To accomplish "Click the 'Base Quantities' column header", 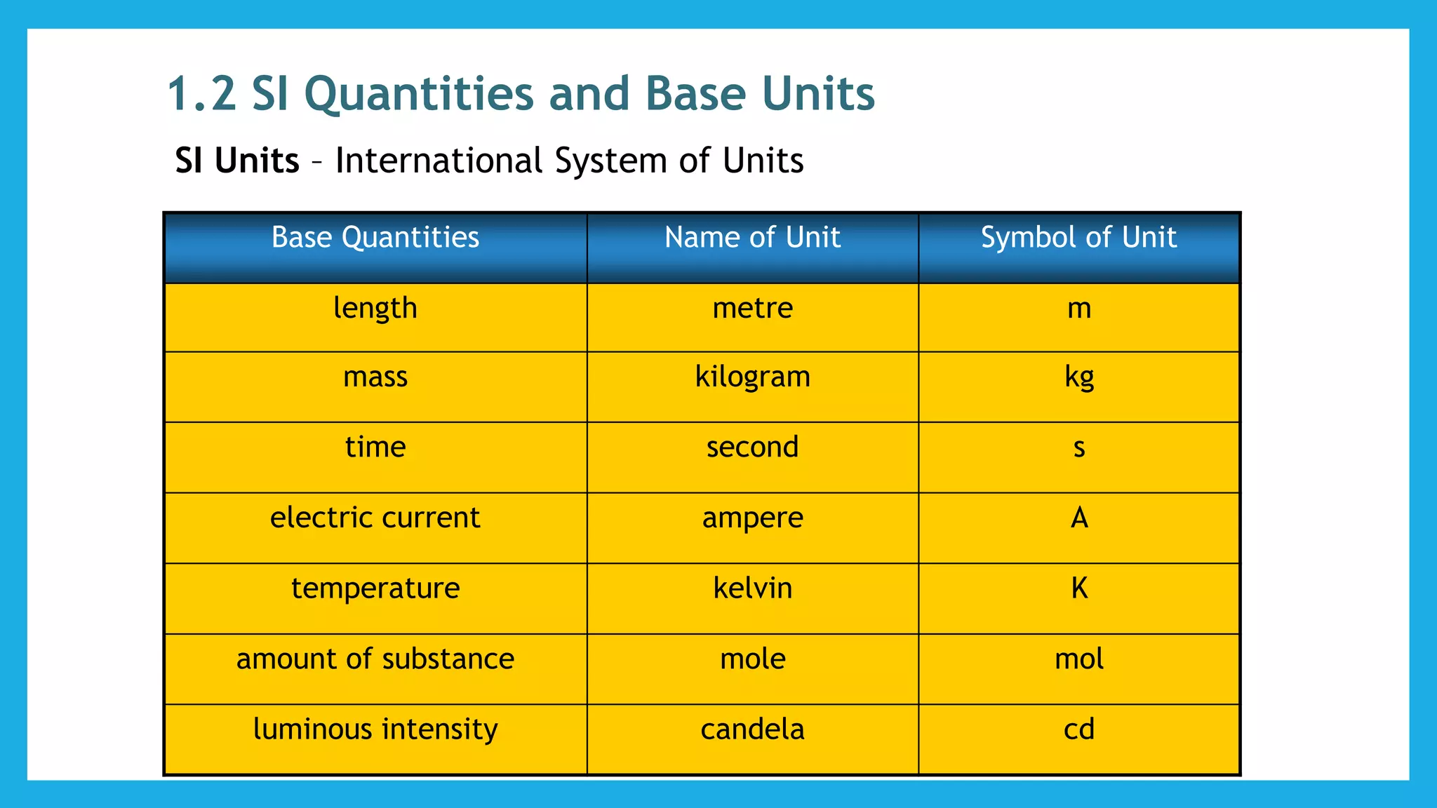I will point(375,238).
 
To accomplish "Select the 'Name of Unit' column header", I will point(752,238).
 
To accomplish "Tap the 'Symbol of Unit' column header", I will point(1078,238).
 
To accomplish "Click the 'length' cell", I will point(375,309).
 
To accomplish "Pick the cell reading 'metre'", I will point(752,309).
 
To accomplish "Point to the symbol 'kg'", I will point(1079,377).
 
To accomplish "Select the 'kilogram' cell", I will point(752,377).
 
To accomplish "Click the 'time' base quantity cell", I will point(375,447).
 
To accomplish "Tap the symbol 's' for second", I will point(1079,447).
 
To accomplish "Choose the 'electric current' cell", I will point(375,518).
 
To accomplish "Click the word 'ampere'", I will point(752,518).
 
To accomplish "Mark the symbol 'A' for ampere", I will point(1079,518).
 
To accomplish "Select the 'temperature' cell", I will point(375,588).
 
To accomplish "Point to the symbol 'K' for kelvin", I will point(1079,588).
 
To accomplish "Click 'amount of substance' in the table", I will point(375,659).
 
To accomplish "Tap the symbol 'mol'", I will point(1079,659).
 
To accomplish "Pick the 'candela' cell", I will point(752,729).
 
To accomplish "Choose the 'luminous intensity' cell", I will point(375,729).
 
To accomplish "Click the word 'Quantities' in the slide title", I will point(418,94).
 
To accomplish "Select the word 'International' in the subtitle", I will point(439,161).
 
